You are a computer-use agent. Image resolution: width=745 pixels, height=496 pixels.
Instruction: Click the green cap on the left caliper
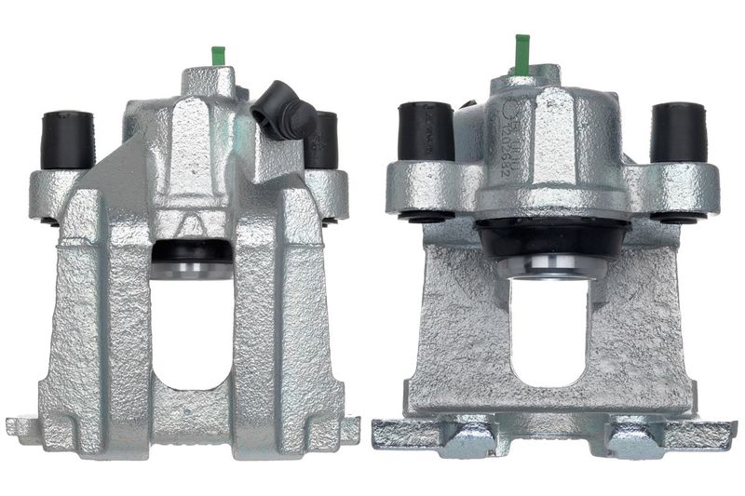click(219, 55)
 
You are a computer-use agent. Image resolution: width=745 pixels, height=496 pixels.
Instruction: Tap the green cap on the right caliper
click(521, 53)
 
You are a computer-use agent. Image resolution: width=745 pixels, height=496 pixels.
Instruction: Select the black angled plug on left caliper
click(283, 110)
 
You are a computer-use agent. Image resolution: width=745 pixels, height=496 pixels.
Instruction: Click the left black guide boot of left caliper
click(67, 140)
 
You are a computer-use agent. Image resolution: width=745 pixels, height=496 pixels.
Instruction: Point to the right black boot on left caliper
click(322, 140)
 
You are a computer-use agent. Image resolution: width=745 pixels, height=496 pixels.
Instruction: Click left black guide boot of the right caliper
click(426, 131)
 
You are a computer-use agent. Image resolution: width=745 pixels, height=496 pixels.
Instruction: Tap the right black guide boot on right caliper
click(677, 131)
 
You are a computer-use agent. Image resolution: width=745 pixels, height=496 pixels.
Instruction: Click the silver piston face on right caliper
click(550, 267)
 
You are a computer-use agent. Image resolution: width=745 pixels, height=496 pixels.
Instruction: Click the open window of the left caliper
click(192, 335)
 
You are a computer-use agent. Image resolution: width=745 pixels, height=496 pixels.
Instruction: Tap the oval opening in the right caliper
click(549, 330)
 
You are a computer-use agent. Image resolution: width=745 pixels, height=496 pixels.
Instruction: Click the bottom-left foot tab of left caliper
click(24, 428)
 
